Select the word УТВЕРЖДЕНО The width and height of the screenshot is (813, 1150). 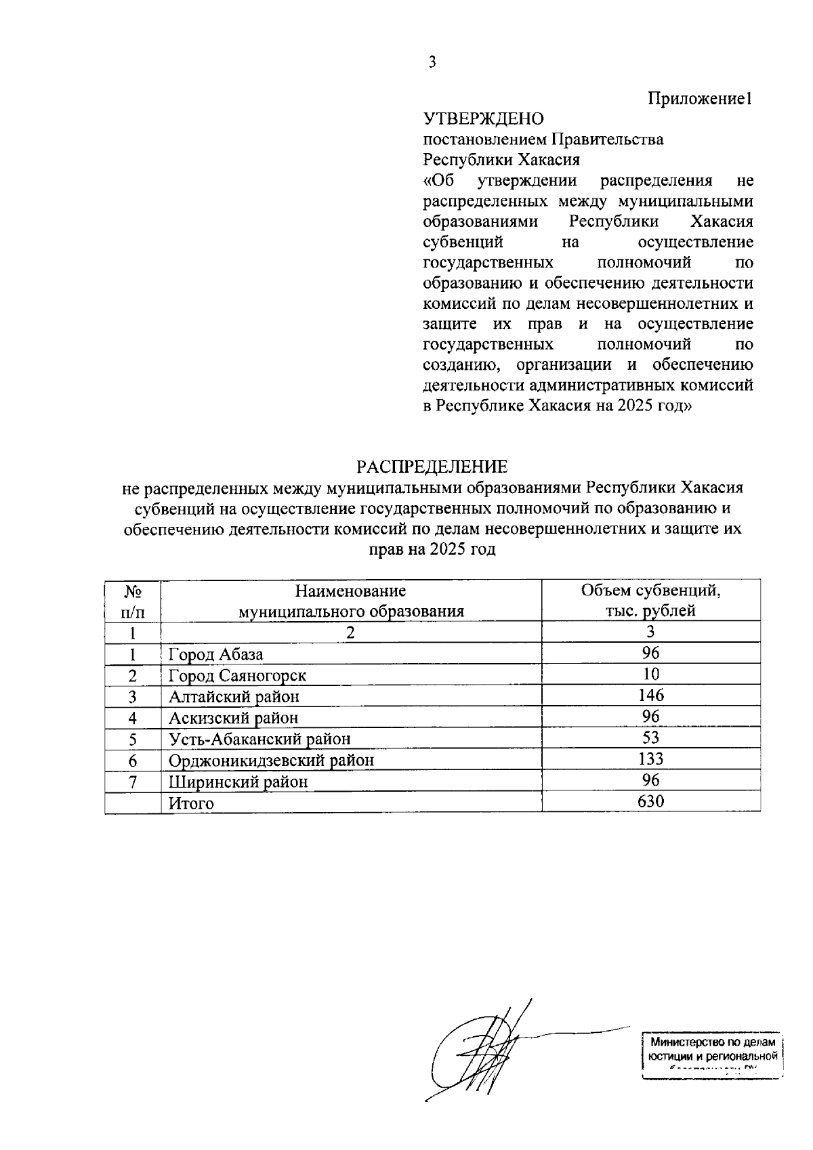tap(483, 119)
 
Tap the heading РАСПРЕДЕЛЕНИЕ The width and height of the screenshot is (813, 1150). tap(432, 467)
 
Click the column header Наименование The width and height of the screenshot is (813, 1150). tap(350, 591)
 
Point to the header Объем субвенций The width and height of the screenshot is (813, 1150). tap(650, 591)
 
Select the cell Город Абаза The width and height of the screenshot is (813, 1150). tap(215, 654)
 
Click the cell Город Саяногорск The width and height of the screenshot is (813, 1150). tap(237, 676)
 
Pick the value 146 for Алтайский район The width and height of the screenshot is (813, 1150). tap(650, 695)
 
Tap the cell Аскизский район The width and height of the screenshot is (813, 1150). tap(233, 718)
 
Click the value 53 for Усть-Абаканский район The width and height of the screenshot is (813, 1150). tap(650, 738)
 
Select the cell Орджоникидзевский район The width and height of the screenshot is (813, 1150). tap(271, 761)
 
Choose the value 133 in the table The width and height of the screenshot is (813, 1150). tap(650, 759)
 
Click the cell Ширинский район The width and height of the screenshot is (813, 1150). tap(238, 782)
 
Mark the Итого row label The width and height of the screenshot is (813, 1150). tap(191, 803)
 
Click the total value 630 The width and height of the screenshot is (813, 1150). tap(650, 802)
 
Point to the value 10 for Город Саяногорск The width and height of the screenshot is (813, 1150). tap(650, 674)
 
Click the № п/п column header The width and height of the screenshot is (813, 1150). tap(133, 601)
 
